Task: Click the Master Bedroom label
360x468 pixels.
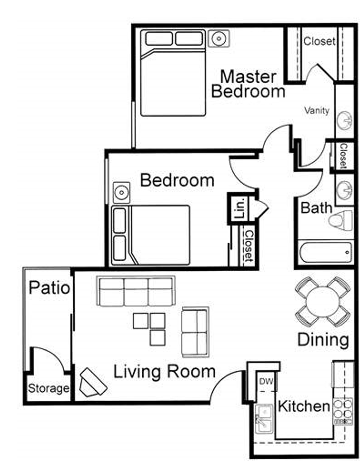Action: (248, 84)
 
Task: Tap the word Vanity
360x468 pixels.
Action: (317, 110)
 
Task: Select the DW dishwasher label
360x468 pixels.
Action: (266, 381)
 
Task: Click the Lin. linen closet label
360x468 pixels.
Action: (240, 208)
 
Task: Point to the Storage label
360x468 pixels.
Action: (49, 388)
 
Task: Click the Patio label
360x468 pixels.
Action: (49, 287)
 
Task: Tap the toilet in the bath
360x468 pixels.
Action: (341, 220)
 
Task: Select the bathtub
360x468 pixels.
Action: (326, 252)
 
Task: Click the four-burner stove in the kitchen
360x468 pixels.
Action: (343, 411)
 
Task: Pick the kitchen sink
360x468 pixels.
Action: (264, 419)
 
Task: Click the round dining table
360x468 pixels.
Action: (323, 302)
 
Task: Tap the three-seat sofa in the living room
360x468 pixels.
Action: (136, 291)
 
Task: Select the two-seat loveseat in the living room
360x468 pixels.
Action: (195, 332)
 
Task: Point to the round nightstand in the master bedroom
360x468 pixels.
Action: (219, 39)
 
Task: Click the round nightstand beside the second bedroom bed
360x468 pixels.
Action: (121, 192)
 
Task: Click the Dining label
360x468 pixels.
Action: (323, 340)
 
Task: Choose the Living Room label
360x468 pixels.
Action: (164, 372)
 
